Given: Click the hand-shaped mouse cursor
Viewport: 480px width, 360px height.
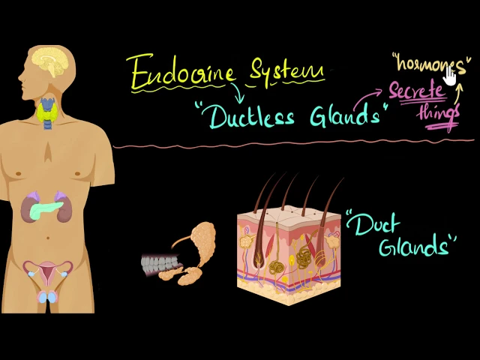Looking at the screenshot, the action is click(x=450, y=76).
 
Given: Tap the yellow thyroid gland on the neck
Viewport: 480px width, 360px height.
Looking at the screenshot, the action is click(x=48, y=112).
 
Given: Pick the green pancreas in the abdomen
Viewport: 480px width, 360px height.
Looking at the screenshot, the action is click(x=46, y=208).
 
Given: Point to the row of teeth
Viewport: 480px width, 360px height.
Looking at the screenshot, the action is click(x=160, y=263).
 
